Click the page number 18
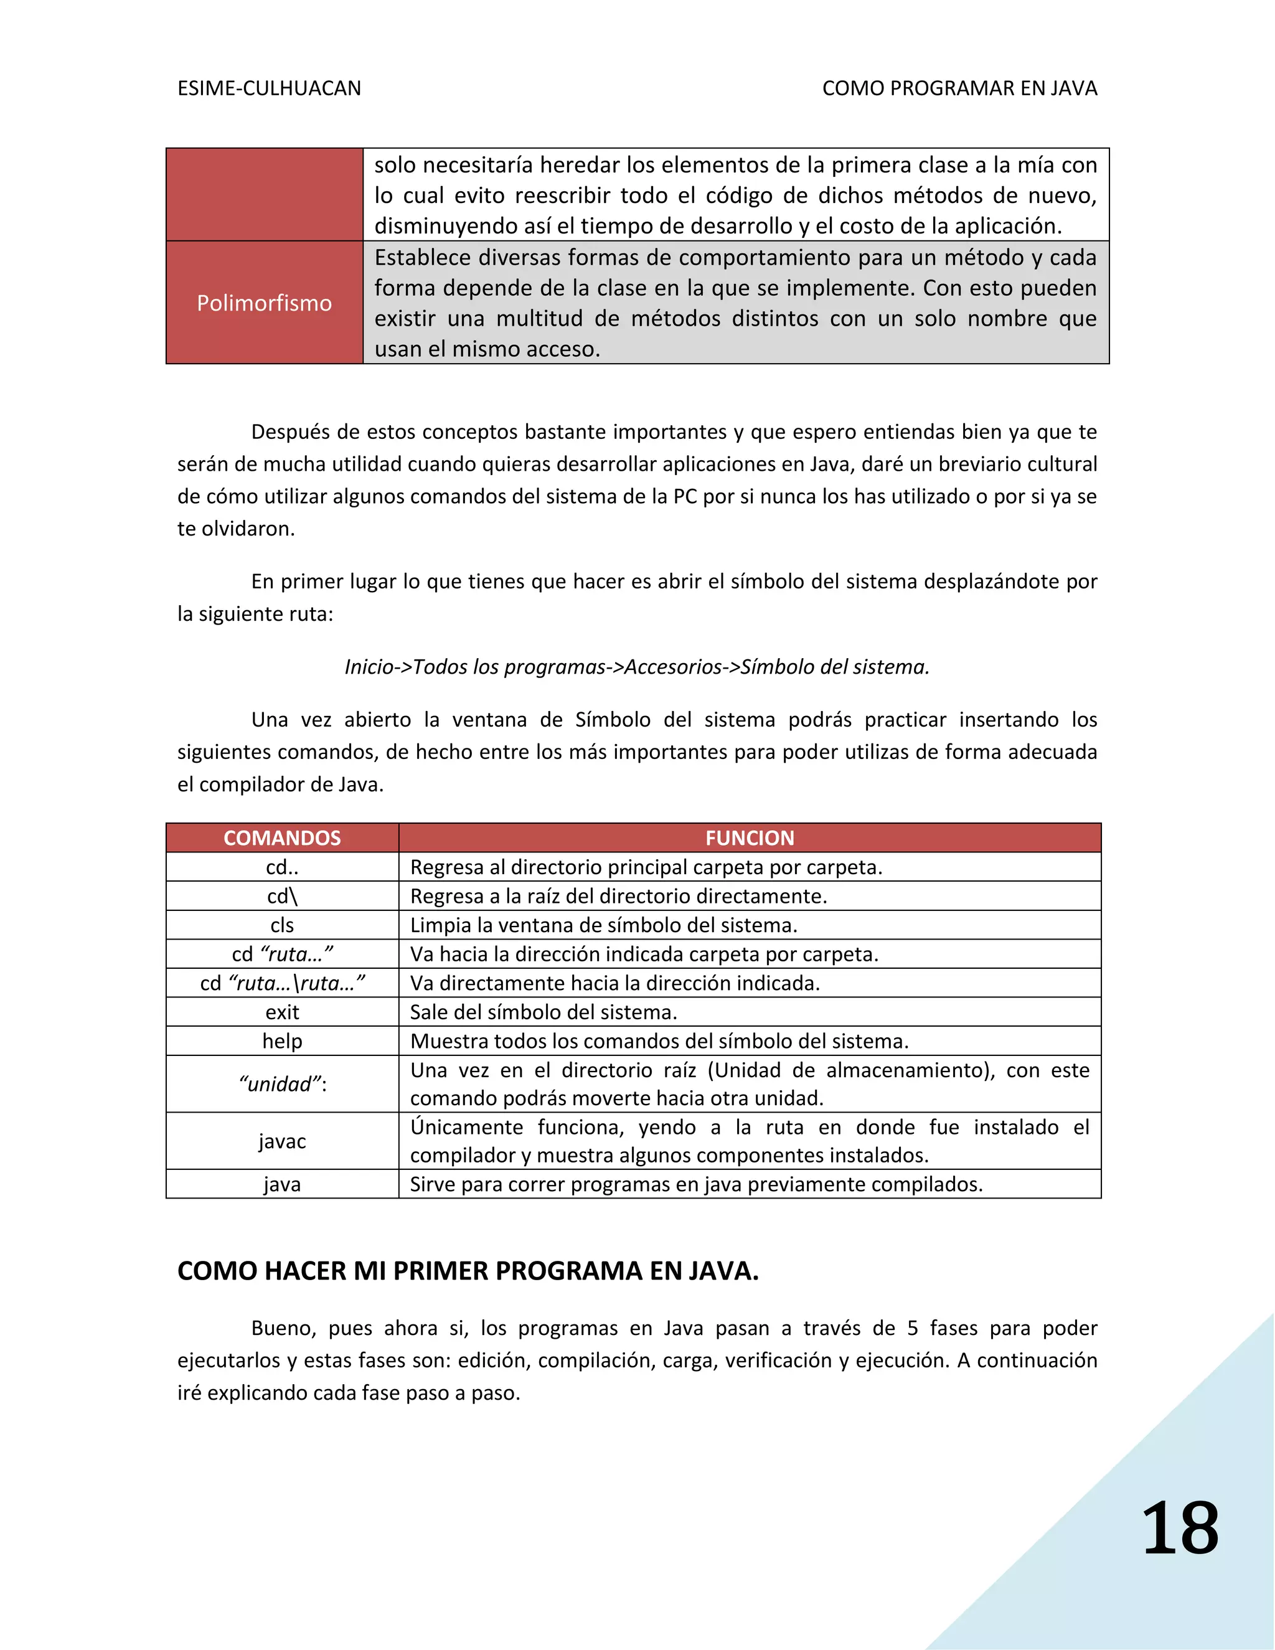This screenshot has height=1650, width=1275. tap(1180, 1529)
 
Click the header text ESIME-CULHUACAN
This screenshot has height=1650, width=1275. tap(269, 88)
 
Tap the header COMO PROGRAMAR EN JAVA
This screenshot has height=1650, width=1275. tap(959, 88)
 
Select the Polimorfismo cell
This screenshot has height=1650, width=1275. tap(265, 303)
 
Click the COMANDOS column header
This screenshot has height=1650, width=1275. tap(282, 838)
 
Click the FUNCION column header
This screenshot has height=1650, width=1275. tap(750, 838)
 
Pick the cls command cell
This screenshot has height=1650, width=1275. tap(282, 925)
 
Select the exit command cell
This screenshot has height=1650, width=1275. tap(282, 1012)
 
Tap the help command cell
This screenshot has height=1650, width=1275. tap(282, 1041)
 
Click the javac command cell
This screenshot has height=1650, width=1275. tap(282, 1141)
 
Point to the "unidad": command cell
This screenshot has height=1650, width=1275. tap(282, 1084)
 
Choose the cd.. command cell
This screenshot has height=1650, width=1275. tap(282, 867)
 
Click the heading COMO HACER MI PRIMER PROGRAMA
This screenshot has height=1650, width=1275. tap(468, 1271)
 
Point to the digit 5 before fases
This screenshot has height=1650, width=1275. tap(913, 1328)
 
